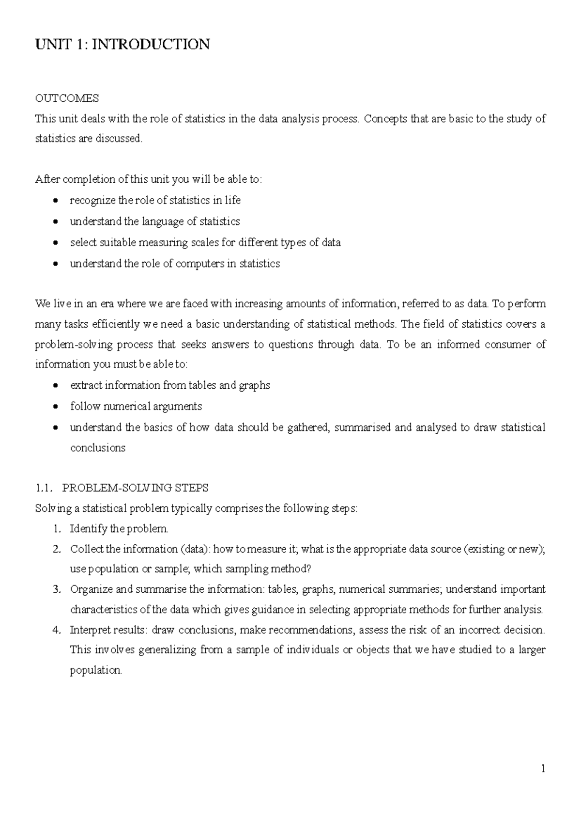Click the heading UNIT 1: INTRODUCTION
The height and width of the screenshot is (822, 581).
[122, 45]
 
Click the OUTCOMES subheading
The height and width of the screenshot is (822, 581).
[67, 98]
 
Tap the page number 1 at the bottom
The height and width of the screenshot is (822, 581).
[543, 768]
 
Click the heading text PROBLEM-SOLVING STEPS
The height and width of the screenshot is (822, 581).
[136, 488]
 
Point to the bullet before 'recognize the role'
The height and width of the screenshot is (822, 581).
[57, 201]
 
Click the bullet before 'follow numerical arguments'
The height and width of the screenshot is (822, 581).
[57, 407]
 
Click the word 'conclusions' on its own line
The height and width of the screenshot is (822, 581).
[98, 448]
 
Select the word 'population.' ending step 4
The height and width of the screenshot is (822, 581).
[96, 671]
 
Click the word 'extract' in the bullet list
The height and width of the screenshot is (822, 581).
[86, 385]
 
